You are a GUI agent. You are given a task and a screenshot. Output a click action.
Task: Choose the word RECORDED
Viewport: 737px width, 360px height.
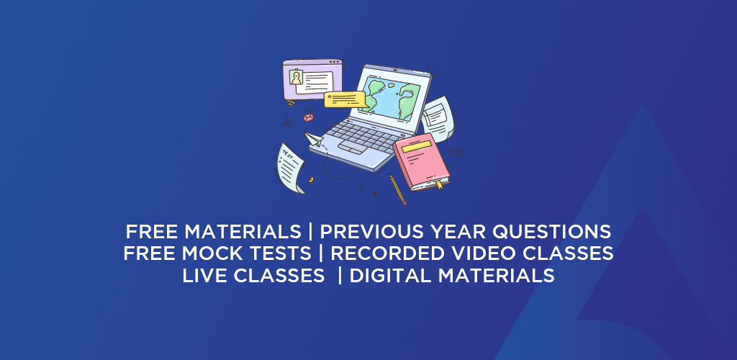387,253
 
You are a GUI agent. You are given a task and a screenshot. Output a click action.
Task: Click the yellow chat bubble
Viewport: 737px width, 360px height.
345,99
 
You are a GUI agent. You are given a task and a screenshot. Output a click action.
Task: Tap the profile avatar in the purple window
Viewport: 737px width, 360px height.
296,77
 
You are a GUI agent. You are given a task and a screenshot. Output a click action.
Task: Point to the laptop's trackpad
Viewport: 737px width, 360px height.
352,148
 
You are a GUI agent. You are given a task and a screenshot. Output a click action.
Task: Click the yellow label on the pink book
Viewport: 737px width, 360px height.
417,147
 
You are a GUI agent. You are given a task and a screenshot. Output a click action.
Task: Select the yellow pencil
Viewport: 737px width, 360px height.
397,189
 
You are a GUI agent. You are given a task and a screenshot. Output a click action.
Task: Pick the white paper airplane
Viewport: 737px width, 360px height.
314,140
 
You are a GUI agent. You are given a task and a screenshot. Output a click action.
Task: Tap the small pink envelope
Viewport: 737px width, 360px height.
308,117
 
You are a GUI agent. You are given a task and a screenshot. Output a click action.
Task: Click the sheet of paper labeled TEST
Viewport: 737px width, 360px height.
290,168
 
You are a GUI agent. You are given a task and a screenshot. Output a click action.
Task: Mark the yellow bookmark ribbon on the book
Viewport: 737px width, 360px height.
440,184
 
